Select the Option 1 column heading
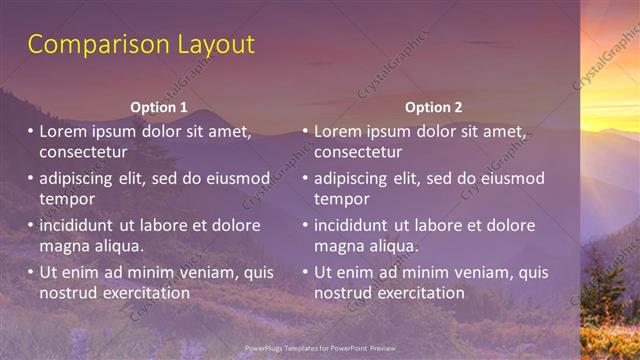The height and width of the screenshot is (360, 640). [x=159, y=107]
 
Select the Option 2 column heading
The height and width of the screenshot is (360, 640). [x=433, y=107]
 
